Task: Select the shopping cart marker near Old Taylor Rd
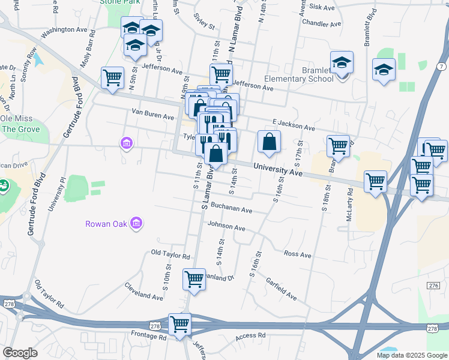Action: click(194, 280)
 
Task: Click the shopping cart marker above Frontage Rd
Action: click(179, 325)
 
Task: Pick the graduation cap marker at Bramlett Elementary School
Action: click(342, 63)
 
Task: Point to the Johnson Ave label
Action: click(226, 228)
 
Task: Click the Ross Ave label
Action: click(297, 255)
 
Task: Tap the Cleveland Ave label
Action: click(144, 296)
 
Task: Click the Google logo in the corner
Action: click(20, 353)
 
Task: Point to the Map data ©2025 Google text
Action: click(411, 355)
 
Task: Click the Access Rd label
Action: click(250, 336)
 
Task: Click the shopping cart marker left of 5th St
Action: click(112, 77)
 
